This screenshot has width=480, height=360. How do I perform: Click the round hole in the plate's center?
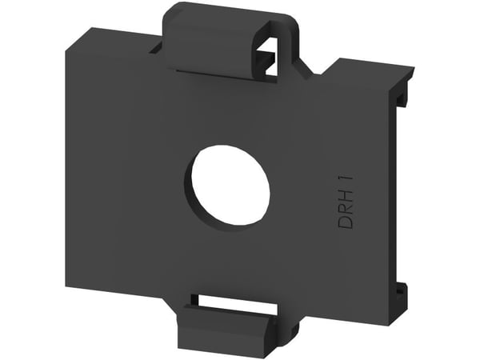[230, 186]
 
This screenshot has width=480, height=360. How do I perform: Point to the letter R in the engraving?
[346, 208]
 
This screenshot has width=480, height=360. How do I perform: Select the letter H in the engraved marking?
[346, 194]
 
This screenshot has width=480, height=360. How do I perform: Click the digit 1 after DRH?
[346, 179]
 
